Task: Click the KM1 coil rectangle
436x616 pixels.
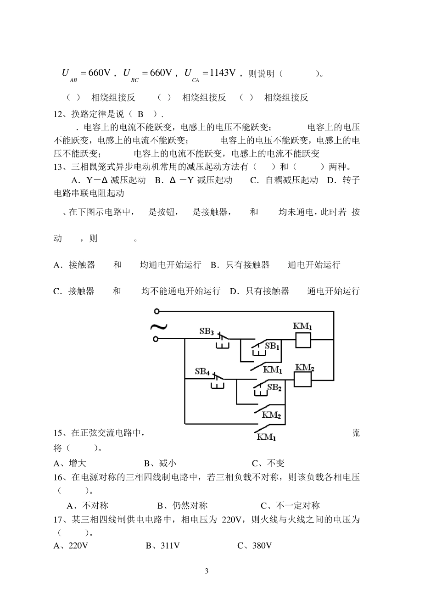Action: pyautogui.click(x=302, y=340)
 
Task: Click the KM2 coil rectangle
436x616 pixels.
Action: pyautogui.click(x=302, y=380)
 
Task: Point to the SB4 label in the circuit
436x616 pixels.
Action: pyautogui.click(x=202, y=371)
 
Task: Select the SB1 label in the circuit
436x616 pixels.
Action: pyautogui.click(x=272, y=346)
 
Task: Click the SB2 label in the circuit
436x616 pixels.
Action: pyautogui.click(x=274, y=387)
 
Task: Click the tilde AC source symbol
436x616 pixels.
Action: pyautogui.click(x=159, y=327)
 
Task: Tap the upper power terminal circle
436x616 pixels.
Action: pyautogui.click(x=156, y=311)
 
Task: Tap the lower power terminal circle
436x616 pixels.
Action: pyautogui.click(x=156, y=339)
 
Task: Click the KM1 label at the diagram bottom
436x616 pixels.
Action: pyautogui.click(x=266, y=437)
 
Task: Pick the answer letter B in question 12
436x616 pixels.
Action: pyautogui.click(x=141, y=114)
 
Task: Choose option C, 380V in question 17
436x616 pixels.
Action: pyautogui.click(x=255, y=546)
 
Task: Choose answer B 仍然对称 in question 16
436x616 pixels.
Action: pyautogui.click(x=183, y=506)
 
